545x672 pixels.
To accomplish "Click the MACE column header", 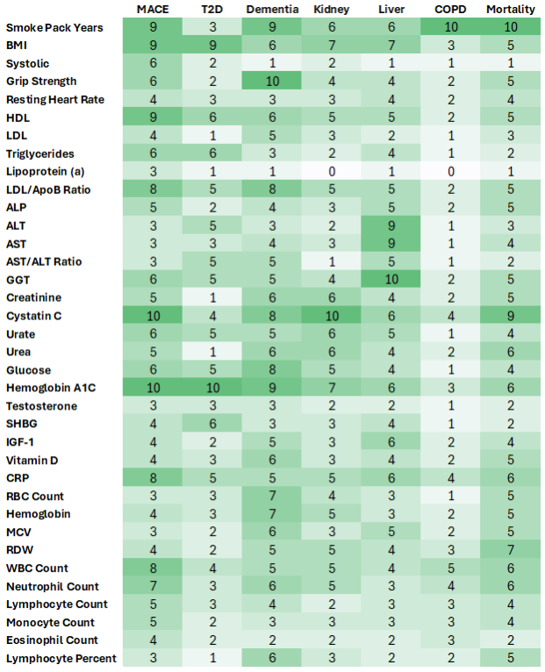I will [x=153, y=9].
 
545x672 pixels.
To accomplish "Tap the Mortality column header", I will [x=511, y=9].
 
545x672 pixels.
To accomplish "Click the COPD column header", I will [x=451, y=9].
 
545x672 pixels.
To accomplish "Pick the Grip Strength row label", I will [x=39, y=82].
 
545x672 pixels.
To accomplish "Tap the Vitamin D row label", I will [x=32, y=460].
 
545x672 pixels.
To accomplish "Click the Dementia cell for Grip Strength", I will [x=271, y=82].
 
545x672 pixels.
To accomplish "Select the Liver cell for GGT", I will [x=391, y=280].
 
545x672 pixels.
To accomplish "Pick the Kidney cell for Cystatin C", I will [x=331, y=316].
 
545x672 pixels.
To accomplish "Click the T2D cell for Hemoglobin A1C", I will [x=212, y=388].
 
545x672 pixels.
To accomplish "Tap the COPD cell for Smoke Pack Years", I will [x=451, y=27].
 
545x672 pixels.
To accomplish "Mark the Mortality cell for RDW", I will [x=511, y=550].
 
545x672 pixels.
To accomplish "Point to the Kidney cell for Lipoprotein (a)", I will [x=331, y=171].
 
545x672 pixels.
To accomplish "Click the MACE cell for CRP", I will [x=153, y=478].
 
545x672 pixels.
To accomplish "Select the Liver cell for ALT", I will [x=391, y=225].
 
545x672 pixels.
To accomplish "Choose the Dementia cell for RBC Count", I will [x=271, y=496].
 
